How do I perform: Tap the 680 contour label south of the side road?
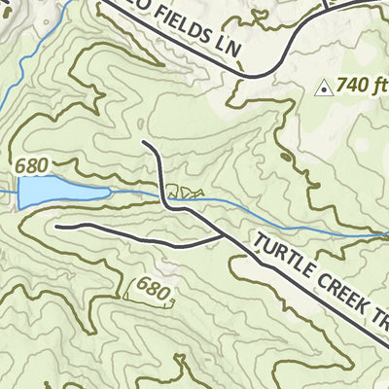tap(153, 289)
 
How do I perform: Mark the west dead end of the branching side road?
tap(56, 227)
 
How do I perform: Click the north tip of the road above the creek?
tap(144, 143)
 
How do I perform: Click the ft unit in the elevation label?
tap(377, 86)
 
